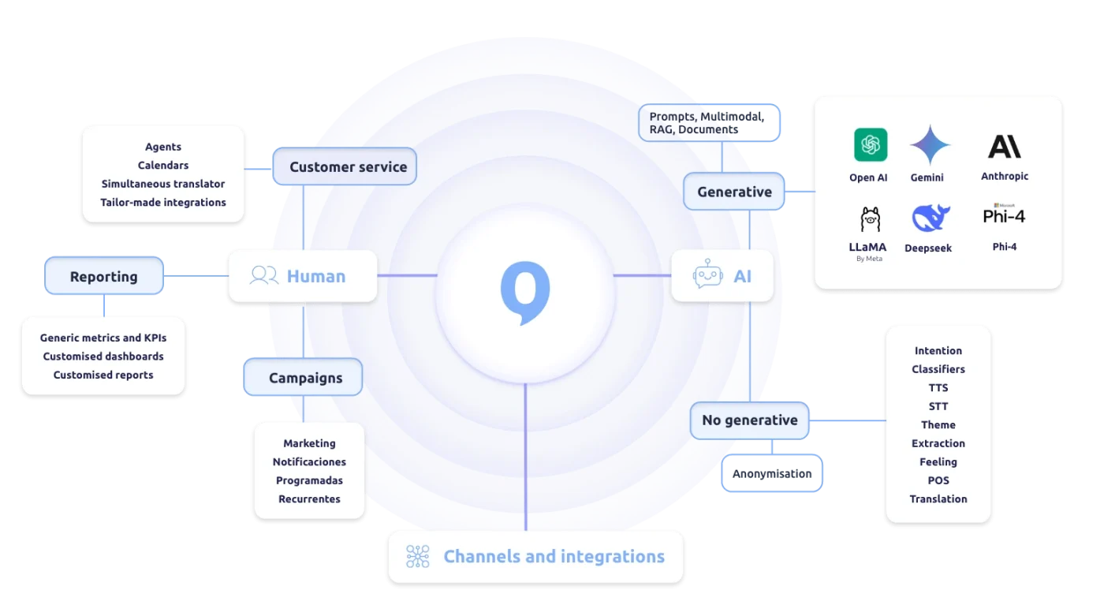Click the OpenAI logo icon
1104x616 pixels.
pyautogui.click(x=871, y=145)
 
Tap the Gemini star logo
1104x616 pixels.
pyautogui.click(x=930, y=145)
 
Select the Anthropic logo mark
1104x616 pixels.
pyautogui.click(x=1004, y=146)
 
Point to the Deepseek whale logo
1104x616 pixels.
pyautogui.click(x=931, y=218)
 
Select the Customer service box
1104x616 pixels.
pyautogui.click(x=345, y=166)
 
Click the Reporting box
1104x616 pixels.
pyautogui.click(x=104, y=277)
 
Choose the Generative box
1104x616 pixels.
pyautogui.click(x=734, y=192)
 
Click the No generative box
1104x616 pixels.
pyautogui.click(x=749, y=420)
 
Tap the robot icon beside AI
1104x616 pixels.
pyautogui.click(x=707, y=276)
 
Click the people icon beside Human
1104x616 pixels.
pyautogui.click(x=263, y=275)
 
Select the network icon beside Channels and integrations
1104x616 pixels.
pyautogui.click(x=417, y=557)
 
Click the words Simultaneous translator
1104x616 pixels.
pyautogui.click(x=163, y=184)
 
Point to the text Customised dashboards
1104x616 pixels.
pyautogui.click(x=103, y=357)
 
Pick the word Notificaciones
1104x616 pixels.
pyautogui.click(x=309, y=462)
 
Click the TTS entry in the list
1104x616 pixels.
pyautogui.click(x=938, y=388)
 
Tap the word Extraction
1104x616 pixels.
pyautogui.click(x=938, y=443)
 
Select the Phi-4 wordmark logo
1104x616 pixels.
pyautogui.click(x=1004, y=215)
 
